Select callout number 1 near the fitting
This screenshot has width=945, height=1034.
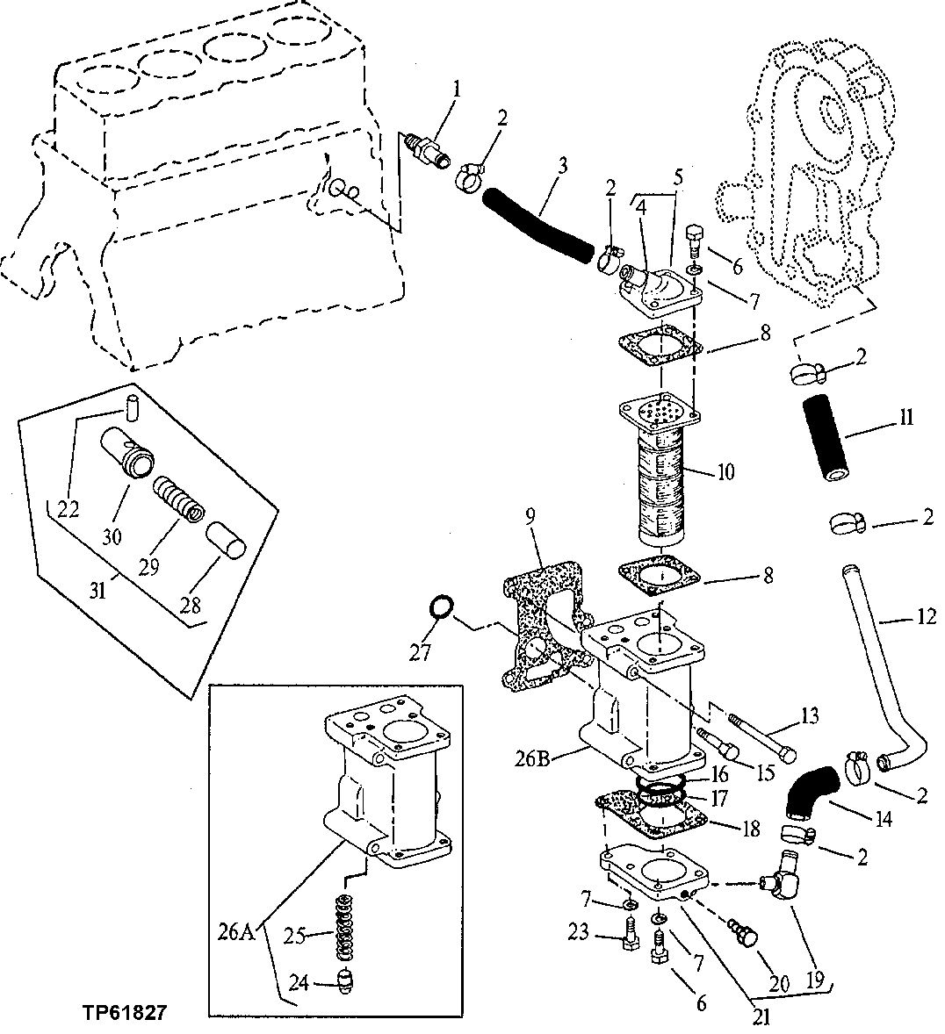(457, 88)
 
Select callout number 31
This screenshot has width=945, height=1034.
(97, 591)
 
